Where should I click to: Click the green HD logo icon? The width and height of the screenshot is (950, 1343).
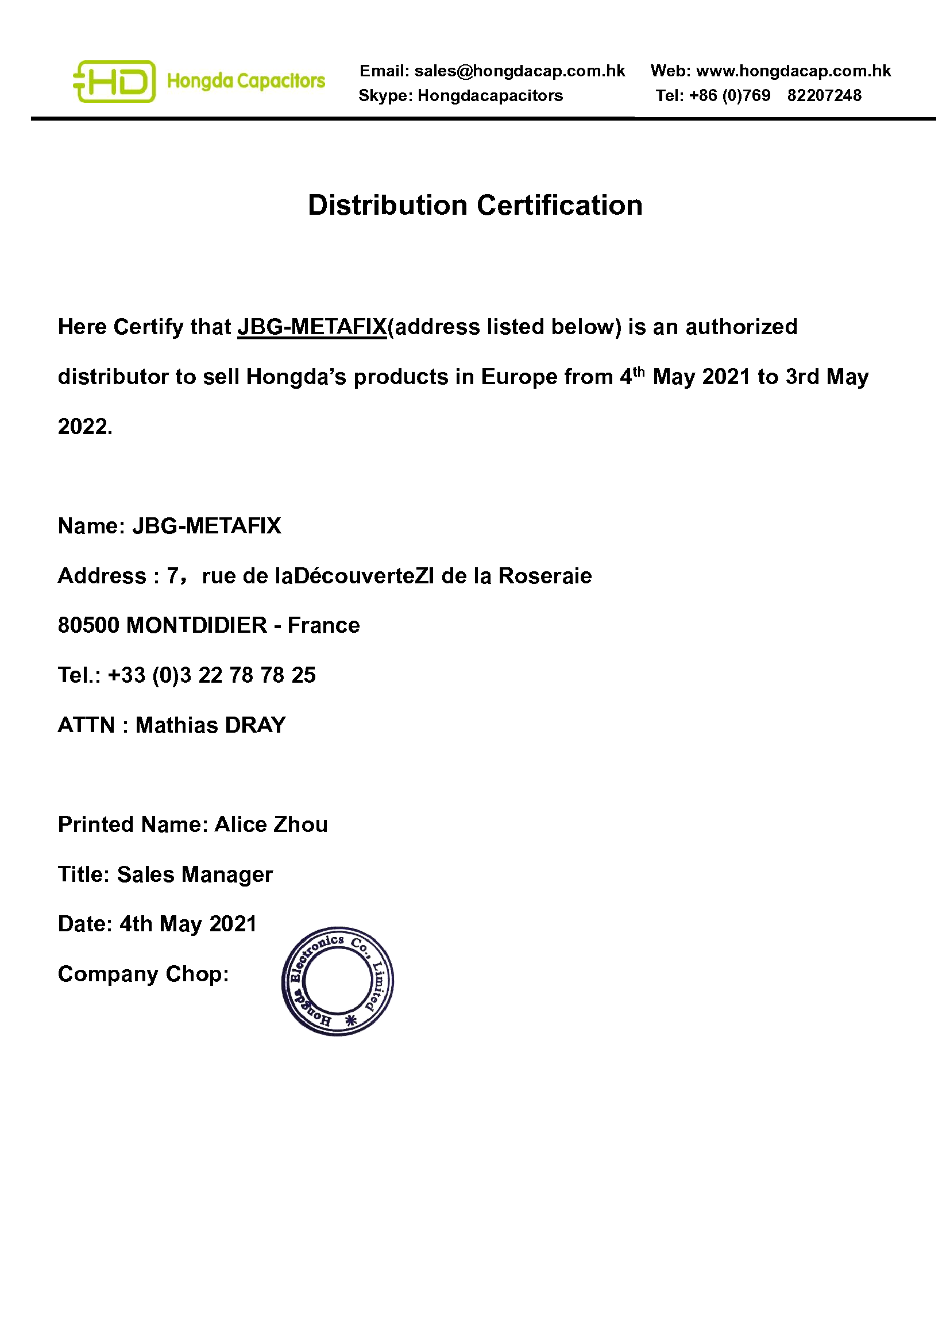[115, 82]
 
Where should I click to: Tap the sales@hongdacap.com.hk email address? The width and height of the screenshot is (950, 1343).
[519, 71]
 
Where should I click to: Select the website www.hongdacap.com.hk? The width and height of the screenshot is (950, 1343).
[793, 71]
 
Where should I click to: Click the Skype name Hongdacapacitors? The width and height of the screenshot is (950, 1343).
[489, 96]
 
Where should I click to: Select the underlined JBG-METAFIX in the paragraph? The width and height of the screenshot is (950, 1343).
[312, 327]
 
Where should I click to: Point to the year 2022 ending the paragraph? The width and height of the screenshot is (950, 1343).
[83, 427]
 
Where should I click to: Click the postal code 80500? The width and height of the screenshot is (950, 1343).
[88, 626]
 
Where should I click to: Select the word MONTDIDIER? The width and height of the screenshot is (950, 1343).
[196, 626]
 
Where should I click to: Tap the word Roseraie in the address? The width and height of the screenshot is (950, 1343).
[544, 576]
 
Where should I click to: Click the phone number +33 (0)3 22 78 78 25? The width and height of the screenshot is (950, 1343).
[212, 676]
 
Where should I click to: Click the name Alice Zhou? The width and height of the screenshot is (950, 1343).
[272, 825]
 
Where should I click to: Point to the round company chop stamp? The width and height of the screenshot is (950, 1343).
[338, 981]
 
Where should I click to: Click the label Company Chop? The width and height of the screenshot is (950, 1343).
[144, 974]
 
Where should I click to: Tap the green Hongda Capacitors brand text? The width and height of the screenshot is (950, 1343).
[246, 82]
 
